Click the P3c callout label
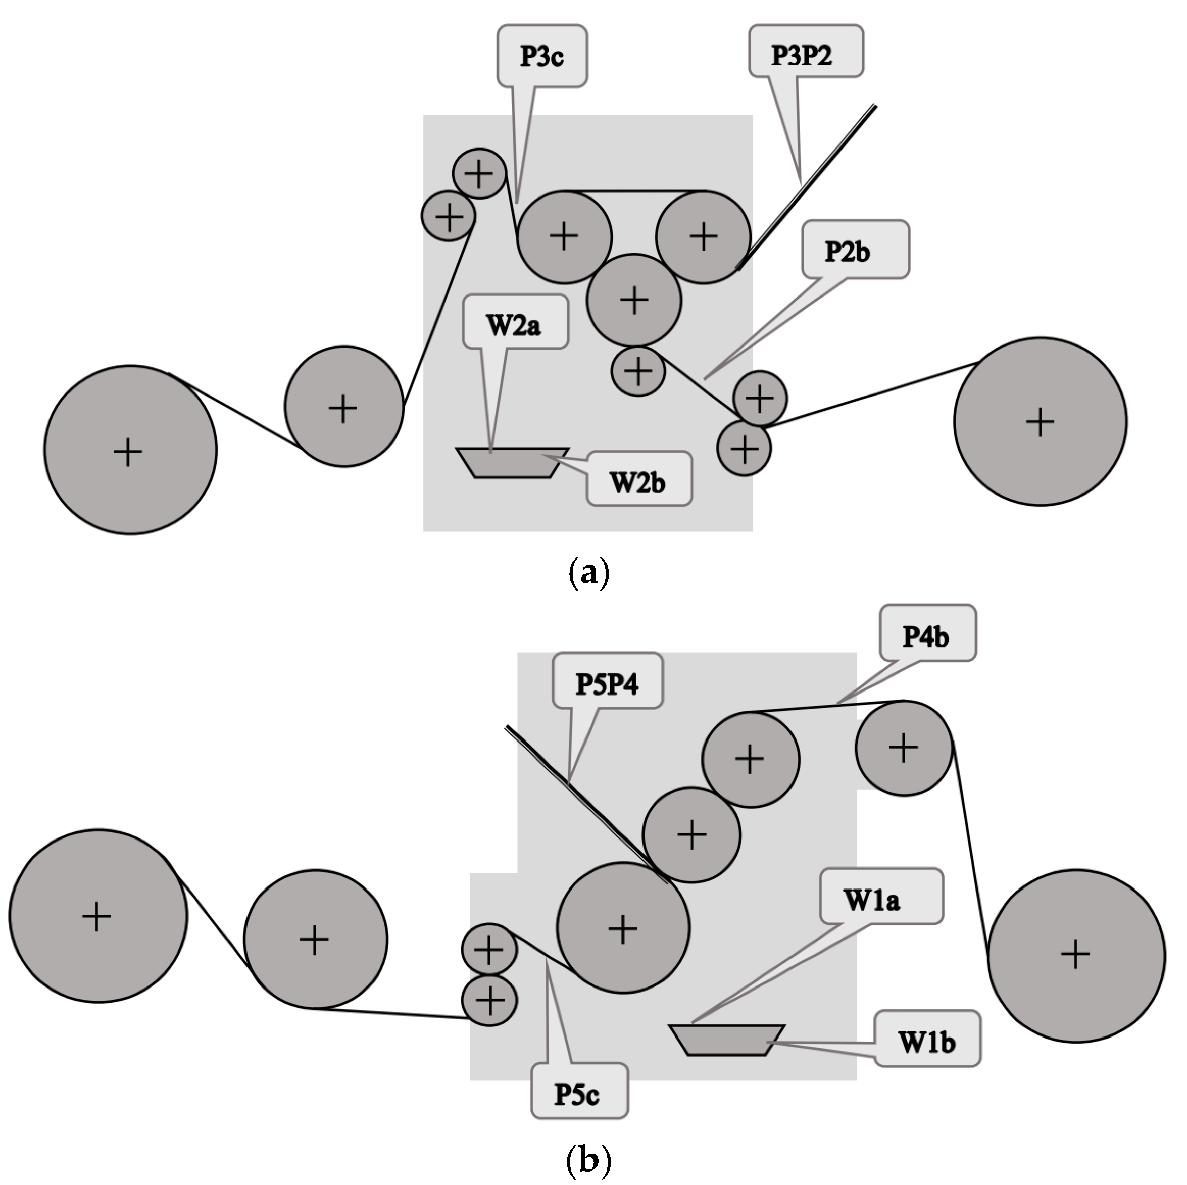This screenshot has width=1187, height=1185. pos(542,57)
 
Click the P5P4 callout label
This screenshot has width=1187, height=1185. pos(607,683)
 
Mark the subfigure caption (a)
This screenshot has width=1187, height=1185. pos(588,572)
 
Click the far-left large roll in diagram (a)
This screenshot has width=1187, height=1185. pos(130,450)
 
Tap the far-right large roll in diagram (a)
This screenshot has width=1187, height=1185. pos(1040,421)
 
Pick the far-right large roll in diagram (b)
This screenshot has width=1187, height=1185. pos(1076,955)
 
